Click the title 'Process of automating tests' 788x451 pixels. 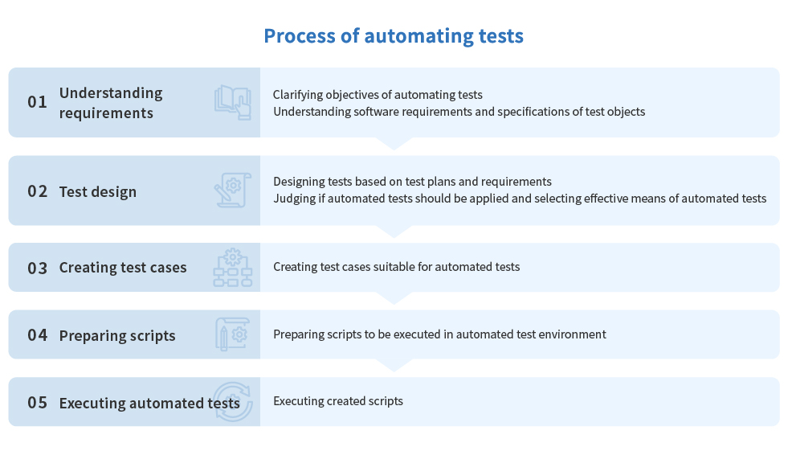[394, 36]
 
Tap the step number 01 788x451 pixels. [37, 102]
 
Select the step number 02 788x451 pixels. [37, 191]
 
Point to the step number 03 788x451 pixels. [37, 268]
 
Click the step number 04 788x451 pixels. [37, 335]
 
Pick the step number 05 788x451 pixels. [37, 403]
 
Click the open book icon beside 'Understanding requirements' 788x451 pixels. [233, 103]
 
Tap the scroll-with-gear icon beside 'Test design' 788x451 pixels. [233, 190]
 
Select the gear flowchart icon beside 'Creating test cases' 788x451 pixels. [233, 267]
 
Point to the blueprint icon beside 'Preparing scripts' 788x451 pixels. [233, 334]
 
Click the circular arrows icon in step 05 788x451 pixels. [233, 402]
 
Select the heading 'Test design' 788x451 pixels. [98, 192]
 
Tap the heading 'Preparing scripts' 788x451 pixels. [117, 336]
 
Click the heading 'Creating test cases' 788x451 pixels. [123, 268]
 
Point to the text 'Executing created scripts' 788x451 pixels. [338, 401]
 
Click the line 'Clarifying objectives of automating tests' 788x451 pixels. [378, 95]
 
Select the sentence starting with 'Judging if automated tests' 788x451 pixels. [521, 199]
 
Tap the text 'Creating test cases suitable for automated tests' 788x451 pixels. [397, 267]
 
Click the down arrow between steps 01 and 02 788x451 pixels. [394, 144]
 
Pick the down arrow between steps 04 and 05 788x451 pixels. [394, 365]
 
